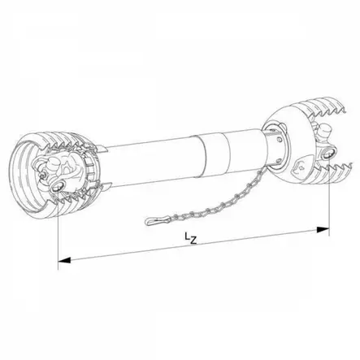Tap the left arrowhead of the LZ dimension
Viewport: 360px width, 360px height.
63,261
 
